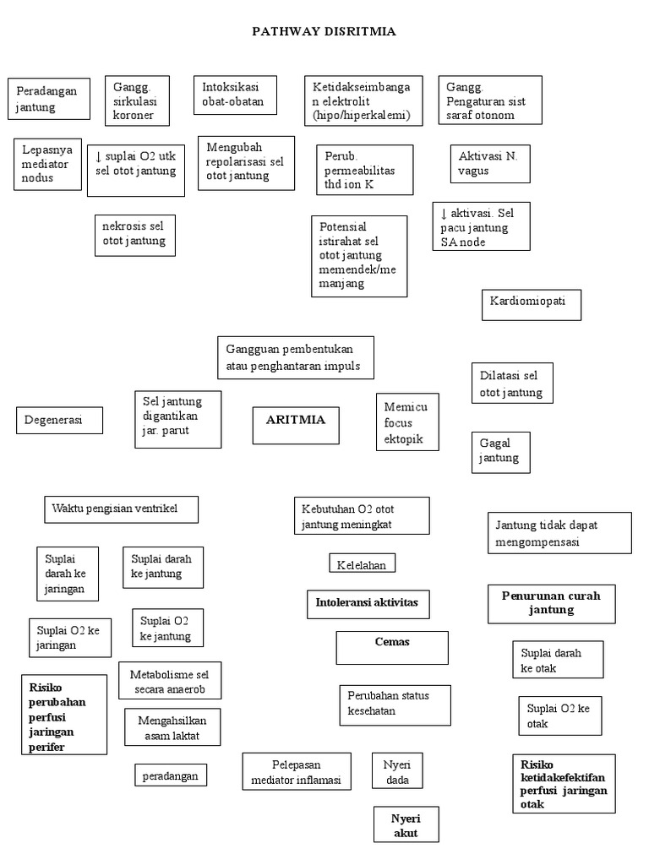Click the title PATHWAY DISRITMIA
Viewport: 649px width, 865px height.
pyautogui.click(x=324, y=31)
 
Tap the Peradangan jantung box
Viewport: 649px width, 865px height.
pyautogui.click(x=48, y=100)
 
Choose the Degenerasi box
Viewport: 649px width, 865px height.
pyautogui.click(x=59, y=420)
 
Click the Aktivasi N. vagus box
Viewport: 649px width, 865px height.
pyautogui.click(x=488, y=164)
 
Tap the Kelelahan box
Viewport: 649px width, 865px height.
pyautogui.click(x=362, y=563)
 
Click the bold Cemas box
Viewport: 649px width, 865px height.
pyautogui.click(x=392, y=647)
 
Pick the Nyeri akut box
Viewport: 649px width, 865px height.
pyautogui.click(x=406, y=825)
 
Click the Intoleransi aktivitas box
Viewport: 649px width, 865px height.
pyautogui.click(x=368, y=605)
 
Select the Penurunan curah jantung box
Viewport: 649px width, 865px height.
pyautogui.click(x=550, y=604)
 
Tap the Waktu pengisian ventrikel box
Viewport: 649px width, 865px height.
pyautogui.click(x=122, y=509)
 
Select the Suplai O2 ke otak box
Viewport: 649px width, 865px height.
pyautogui.click(x=559, y=716)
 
